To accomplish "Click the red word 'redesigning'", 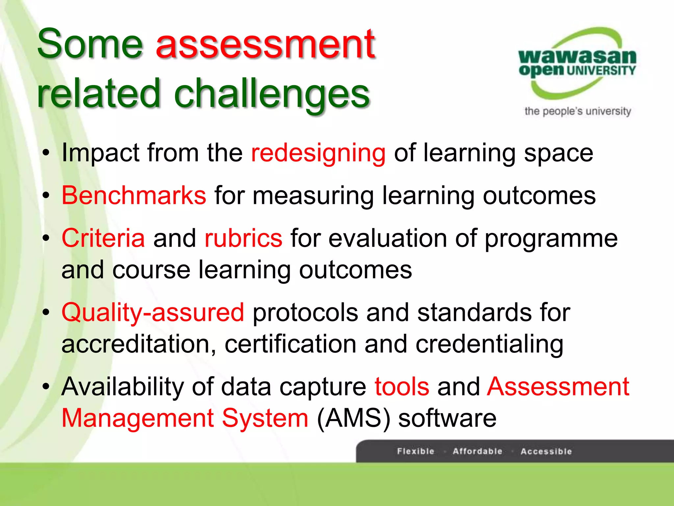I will [x=318, y=153].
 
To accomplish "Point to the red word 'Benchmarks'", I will [x=134, y=195].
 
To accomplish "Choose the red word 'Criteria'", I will [x=103, y=238].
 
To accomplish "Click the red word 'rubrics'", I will [x=243, y=238].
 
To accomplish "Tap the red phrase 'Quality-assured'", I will [x=153, y=312].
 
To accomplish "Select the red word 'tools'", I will [x=402, y=386].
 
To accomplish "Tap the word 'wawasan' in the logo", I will [x=577, y=57].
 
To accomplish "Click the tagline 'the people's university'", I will [x=578, y=111].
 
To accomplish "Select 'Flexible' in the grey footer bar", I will [x=416, y=451].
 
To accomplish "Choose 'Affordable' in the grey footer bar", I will [x=478, y=451].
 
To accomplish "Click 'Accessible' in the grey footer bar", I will [x=546, y=451].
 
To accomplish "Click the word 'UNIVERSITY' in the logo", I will [x=601, y=70].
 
